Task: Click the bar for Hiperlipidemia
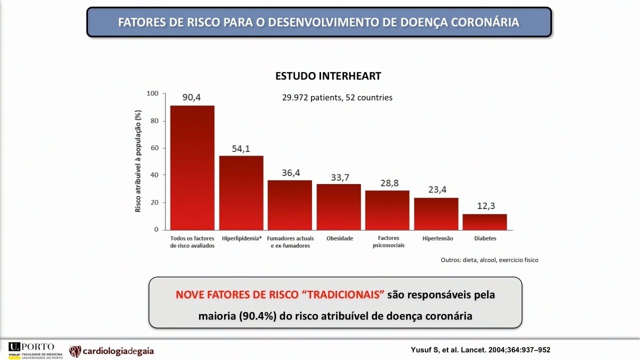tap(241, 193)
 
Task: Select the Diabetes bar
tap(485, 222)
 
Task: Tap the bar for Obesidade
tap(338, 207)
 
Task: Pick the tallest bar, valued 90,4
tap(192, 167)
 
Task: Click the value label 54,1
tap(241, 148)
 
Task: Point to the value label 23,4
tap(437, 189)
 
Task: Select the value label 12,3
tap(486, 205)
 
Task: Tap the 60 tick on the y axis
tap(154, 147)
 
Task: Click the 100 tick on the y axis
tap(152, 93)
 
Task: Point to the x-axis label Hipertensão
tap(437, 238)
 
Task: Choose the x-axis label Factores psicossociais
tap(388, 241)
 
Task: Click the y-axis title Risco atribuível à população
tap(137, 161)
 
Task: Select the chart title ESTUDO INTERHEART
tap(328, 76)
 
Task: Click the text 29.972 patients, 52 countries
tap(337, 97)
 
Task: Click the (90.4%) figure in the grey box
tap(257, 316)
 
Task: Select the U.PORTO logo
tap(35, 350)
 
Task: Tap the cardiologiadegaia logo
tap(111, 351)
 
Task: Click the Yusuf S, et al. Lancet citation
tap(480, 349)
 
